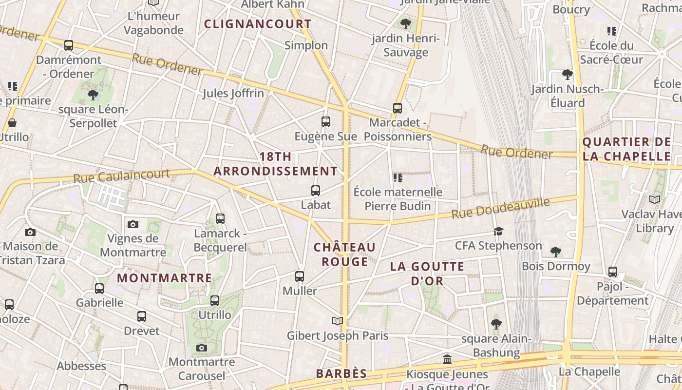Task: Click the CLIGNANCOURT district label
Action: [258, 24]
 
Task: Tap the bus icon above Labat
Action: [316, 191]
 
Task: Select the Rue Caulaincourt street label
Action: [122, 175]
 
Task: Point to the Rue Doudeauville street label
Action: [501, 208]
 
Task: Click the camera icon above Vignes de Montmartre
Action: [133, 224]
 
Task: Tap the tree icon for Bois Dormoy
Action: [556, 252]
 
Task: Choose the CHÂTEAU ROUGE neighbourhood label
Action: [345, 254]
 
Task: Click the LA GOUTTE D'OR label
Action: [427, 273]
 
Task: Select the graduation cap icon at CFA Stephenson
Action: [498, 231]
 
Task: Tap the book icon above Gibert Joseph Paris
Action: [338, 321]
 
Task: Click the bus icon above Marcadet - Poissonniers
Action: [398, 108]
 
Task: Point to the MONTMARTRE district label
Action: [165, 278]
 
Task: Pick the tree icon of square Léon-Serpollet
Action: [93, 95]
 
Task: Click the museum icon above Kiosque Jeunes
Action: [447, 360]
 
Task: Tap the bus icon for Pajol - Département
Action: [613, 272]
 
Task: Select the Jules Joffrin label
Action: [233, 93]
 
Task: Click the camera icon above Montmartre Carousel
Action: [202, 348]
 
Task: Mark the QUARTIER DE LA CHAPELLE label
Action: [627, 149]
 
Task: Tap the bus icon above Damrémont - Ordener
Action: [69, 45]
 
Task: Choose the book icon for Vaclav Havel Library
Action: [655, 199]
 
